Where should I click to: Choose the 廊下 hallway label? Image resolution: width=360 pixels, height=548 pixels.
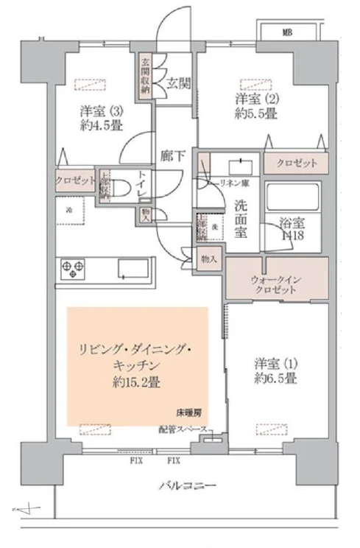tap(172, 155)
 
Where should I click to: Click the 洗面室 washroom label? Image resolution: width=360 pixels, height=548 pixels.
tap(240, 217)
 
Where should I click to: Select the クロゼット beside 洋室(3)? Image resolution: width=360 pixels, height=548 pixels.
tap(75, 179)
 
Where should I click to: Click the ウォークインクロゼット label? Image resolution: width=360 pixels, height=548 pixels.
tap(277, 284)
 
